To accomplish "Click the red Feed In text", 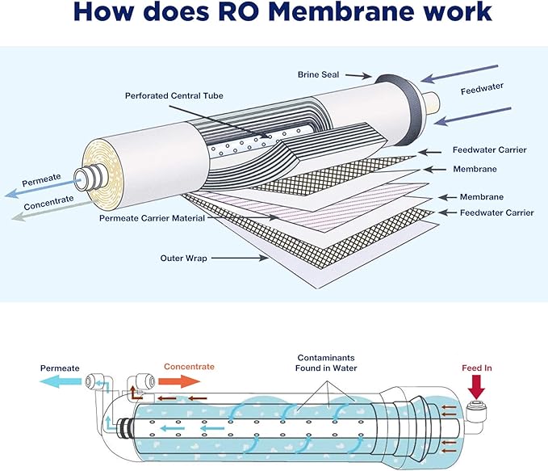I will [476, 368].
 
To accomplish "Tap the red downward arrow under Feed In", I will [476, 386].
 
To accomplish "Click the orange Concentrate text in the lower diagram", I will [189, 367].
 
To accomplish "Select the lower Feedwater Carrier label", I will [496, 212].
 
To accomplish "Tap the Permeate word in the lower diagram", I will [60, 368].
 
